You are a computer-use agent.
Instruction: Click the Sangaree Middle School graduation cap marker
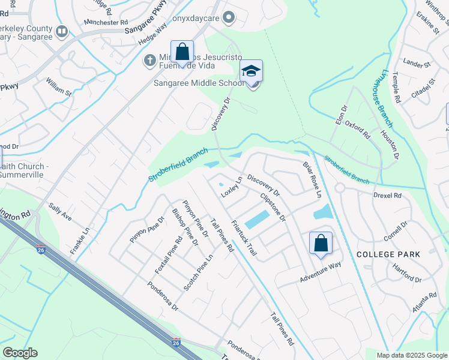252,71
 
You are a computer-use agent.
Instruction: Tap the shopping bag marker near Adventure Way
321,244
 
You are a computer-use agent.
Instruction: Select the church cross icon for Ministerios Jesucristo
149,60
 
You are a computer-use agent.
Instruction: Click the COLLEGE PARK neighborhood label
388,254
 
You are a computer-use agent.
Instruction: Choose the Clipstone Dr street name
273,206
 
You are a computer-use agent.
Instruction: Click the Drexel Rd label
404,196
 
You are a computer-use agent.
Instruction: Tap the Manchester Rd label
102,22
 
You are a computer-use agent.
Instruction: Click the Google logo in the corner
20,353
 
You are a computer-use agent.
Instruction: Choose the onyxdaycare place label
195,18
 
